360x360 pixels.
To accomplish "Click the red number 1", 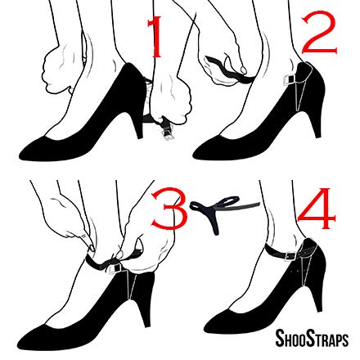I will click(x=155, y=37).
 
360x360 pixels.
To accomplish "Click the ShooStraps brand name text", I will click(x=311, y=338).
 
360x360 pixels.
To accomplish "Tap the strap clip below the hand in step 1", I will click(x=160, y=128).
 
